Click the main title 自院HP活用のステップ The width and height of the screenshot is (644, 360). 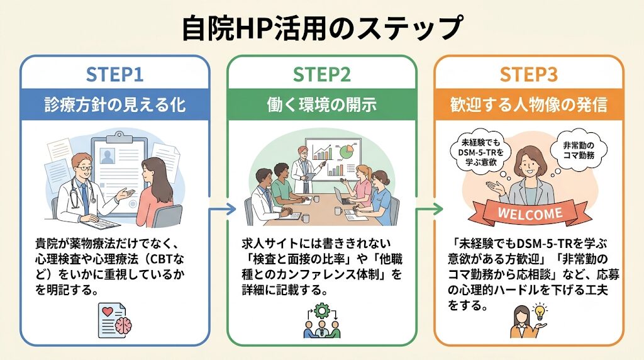(322, 28)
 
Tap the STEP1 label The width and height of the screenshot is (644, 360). (114, 75)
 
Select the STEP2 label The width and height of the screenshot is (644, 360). (322, 75)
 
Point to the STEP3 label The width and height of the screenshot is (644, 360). (529, 75)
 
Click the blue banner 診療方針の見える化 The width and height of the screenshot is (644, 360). (115, 104)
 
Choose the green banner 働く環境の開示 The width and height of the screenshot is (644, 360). (322, 104)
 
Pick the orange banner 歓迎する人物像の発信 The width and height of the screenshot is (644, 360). (529, 104)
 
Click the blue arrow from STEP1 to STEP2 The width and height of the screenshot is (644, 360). (223, 210)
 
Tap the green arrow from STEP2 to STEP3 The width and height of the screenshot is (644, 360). (430, 210)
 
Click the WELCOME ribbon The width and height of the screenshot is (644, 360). (530, 214)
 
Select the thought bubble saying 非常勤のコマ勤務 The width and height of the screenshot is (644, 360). (579, 150)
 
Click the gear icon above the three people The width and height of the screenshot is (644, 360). (321, 311)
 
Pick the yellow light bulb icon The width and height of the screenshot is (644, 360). (539, 312)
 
